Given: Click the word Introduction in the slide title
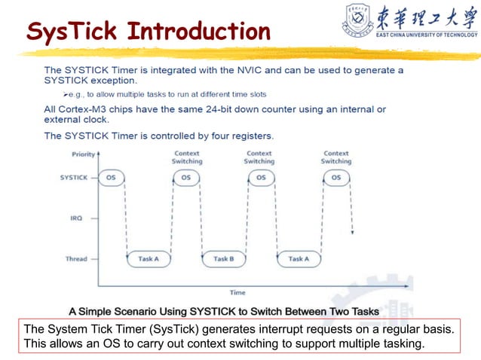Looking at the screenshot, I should click(198, 32).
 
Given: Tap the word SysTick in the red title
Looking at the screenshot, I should click(72, 32).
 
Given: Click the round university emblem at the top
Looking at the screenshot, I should click(359, 18).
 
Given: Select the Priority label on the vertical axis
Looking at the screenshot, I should click(84, 154).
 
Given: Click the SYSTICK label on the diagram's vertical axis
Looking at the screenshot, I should click(74, 178).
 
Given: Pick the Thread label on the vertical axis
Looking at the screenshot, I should click(76, 259).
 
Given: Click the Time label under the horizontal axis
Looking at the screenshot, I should click(237, 291).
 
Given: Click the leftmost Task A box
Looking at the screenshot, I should click(149, 259).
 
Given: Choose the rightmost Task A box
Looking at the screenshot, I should click(299, 259).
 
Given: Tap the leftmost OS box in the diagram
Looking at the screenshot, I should click(112, 178).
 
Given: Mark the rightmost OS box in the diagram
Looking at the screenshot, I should click(336, 178).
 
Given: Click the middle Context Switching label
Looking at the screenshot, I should click(259, 157).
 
